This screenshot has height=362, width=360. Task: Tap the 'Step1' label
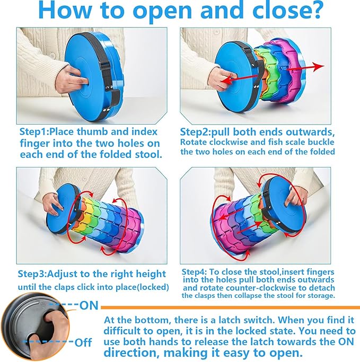pyautogui.click(x=33, y=132)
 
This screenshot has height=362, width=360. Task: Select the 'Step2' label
pyautogui.click(x=194, y=133)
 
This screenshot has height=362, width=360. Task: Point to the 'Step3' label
pyautogui.click(x=32, y=274)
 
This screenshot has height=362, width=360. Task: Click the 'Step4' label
pyautogui.click(x=194, y=272)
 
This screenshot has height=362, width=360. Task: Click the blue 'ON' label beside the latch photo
pyautogui.click(x=89, y=305)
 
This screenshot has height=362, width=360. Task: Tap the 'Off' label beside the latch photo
pyautogui.click(x=83, y=342)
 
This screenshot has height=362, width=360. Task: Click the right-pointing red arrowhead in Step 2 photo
pyautogui.click(x=319, y=66)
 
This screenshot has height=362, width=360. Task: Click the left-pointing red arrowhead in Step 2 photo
pyautogui.click(x=226, y=81)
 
